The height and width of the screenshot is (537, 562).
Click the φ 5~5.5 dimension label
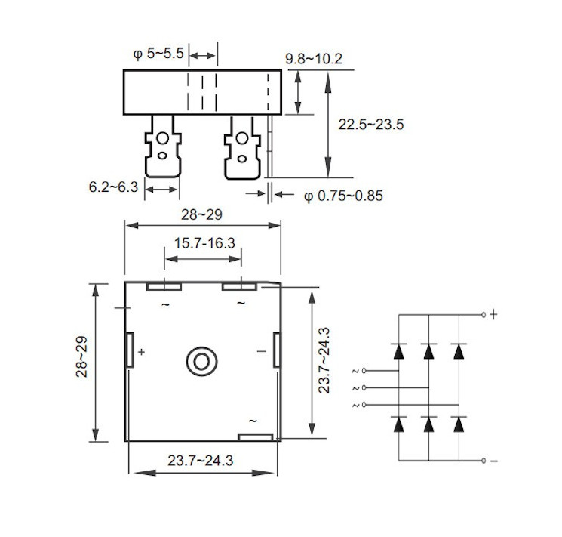(158, 55)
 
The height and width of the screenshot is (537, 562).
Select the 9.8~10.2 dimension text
(315, 59)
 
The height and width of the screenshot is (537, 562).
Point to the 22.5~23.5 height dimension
(371, 125)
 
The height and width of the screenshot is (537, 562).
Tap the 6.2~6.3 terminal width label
(113, 186)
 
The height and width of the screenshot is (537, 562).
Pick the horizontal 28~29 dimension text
(201, 215)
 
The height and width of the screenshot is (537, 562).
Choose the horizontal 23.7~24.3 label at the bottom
(201, 460)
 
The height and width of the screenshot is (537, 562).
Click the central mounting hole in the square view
(201, 361)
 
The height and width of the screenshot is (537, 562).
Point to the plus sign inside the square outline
(141, 352)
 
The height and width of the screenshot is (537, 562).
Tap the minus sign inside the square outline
(261, 351)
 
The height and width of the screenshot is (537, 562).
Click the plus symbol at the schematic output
(494, 313)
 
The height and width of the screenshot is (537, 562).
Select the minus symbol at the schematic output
(494, 461)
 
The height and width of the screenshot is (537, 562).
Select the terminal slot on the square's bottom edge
(255, 437)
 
